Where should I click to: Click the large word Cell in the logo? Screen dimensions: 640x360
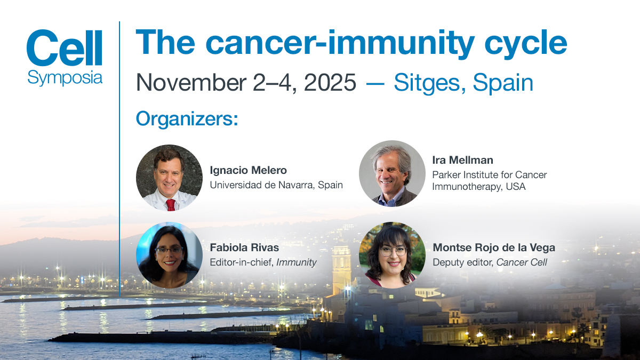(x=65, y=47)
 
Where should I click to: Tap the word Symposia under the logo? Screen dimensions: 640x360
(x=65, y=78)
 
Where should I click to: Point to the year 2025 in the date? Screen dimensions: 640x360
(x=330, y=82)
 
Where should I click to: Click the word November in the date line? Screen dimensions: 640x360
(x=191, y=82)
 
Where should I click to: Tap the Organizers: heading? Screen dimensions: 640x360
(x=187, y=119)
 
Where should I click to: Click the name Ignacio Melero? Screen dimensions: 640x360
(x=249, y=170)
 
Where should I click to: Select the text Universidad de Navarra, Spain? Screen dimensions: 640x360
(x=276, y=185)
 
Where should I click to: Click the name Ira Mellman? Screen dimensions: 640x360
(x=462, y=160)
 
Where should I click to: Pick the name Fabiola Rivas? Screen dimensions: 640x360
(x=244, y=247)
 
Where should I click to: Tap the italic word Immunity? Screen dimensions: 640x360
(x=297, y=262)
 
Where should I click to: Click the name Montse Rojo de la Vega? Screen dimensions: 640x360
(x=494, y=247)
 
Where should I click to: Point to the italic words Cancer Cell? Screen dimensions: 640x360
(x=522, y=262)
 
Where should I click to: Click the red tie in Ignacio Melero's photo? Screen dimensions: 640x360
(x=171, y=205)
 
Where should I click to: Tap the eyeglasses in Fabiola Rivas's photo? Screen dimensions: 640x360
(x=169, y=250)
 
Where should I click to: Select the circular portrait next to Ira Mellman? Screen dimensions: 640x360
(x=392, y=173)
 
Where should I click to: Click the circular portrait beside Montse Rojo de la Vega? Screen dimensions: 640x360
(x=392, y=255)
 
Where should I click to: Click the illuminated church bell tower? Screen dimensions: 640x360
(x=341, y=269)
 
